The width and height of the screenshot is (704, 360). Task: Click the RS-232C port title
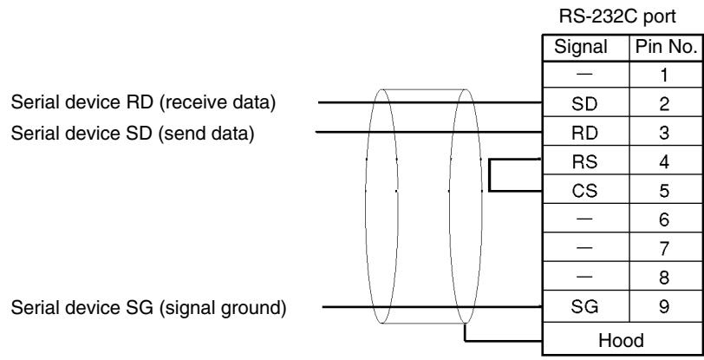pos(617,16)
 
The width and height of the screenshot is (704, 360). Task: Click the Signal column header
pos(581,47)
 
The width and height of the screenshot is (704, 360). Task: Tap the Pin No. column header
pos(666,47)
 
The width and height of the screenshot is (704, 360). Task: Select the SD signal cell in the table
pos(584,104)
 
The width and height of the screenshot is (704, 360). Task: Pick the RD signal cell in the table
pos(584,133)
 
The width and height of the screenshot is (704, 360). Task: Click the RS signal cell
pos(584,161)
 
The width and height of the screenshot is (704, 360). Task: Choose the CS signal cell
pos(584,191)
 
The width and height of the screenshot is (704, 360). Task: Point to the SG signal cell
pos(584,306)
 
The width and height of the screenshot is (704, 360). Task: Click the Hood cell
pos(621,340)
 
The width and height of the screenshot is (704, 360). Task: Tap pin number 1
pos(664,75)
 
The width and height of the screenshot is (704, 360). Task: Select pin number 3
pos(664,133)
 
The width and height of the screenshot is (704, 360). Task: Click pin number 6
pos(664,219)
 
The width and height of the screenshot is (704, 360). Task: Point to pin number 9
pos(664,306)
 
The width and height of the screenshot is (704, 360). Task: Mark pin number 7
pos(664,249)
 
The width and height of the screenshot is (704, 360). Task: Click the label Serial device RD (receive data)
pos(143,102)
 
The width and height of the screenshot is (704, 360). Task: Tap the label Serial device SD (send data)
pos(133,133)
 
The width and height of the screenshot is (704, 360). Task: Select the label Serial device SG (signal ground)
pos(148,308)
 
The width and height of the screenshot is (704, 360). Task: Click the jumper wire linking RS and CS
pos(489,175)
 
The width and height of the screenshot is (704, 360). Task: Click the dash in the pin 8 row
pos(584,278)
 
